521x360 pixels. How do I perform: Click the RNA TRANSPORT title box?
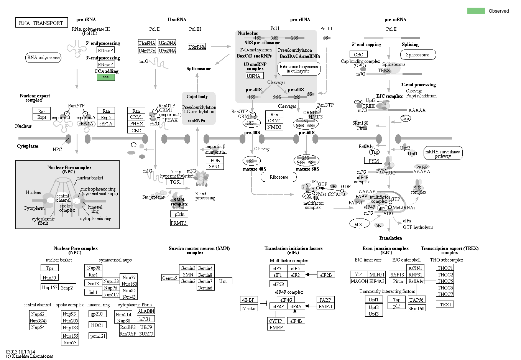point(41,23)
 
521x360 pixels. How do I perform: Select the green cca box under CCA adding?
point(106,77)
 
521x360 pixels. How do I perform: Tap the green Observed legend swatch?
point(476,11)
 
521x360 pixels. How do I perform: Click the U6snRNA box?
point(197,47)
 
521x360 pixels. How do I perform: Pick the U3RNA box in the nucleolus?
point(254,76)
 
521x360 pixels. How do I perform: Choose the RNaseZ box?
point(105,64)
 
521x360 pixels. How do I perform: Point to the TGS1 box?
point(175,182)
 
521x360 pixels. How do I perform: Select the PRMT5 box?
point(179,223)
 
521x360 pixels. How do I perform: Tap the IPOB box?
point(214,160)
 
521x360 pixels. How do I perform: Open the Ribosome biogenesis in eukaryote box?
point(299,69)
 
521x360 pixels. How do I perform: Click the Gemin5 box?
point(170,278)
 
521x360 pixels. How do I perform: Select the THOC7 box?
point(445,294)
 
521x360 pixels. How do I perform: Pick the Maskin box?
point(249,308)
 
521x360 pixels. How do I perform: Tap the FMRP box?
point(276,327)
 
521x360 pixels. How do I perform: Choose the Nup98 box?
point(94,268)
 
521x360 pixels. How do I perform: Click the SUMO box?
point(146,334)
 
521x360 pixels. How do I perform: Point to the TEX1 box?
point(445,304)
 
